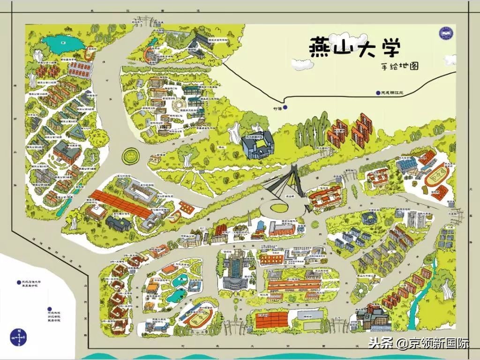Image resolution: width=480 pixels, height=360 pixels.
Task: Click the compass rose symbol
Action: pos(18,337)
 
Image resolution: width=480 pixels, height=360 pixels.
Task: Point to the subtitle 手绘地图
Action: pos(399,67)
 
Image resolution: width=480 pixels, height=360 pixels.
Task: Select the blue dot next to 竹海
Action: pos(285,108)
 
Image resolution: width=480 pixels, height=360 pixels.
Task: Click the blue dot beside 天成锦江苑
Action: pos(378,93)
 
